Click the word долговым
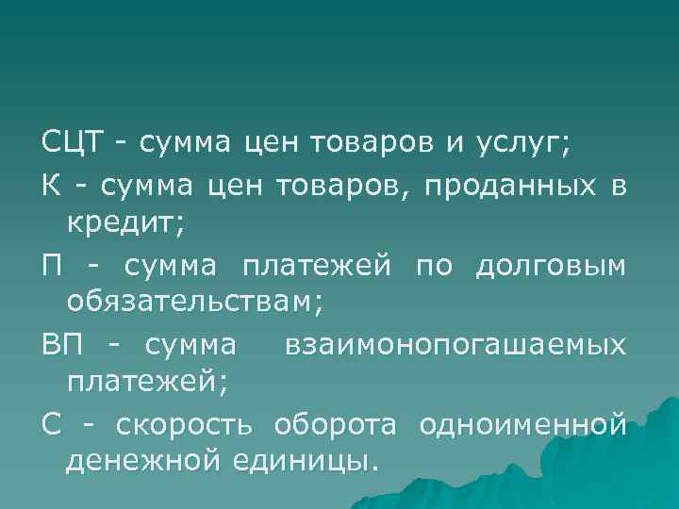tap(551, 266)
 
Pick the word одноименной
tap(522, 425)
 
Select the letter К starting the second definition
tap(51, 185)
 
